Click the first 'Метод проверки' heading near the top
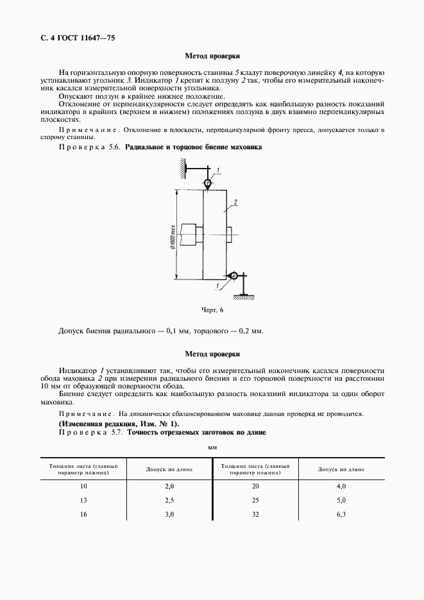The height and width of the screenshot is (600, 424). click(x=212, y=56)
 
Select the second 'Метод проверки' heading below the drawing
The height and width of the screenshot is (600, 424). click(x=212, y=353)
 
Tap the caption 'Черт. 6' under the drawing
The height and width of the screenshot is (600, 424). click(x=212, y=310)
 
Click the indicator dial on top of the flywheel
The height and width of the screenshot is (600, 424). click(x=208, y=184)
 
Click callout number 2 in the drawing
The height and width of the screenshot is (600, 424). click(x=237, y=202)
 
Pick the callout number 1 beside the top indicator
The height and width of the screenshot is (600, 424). click(x=218, y=170)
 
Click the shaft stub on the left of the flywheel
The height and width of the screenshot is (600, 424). click(x=189, y=234)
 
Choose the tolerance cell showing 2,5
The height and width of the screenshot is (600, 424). click(x=169, y=499)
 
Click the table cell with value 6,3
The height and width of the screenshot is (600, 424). click(x=341, y=513)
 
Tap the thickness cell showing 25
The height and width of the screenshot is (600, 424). click(x=255, y=499)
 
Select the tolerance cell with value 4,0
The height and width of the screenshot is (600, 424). click(x=341, y=487)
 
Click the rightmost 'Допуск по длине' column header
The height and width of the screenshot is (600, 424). click(x=341, y=470)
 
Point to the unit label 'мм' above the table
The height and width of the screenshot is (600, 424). click(x=212, y=447)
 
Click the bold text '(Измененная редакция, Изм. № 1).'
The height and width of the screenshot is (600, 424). click(x=119, y=424)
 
